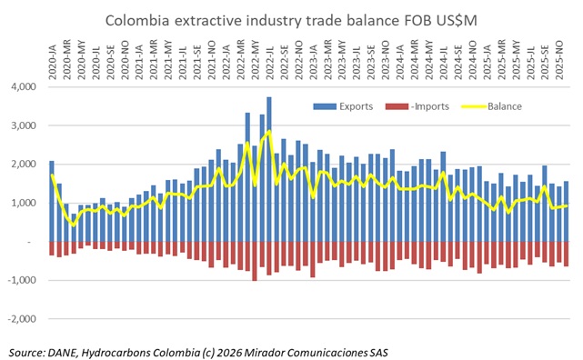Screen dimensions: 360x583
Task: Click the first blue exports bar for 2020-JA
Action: tap(52, 201)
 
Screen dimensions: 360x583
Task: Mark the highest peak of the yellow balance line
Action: tap(268, 132)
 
